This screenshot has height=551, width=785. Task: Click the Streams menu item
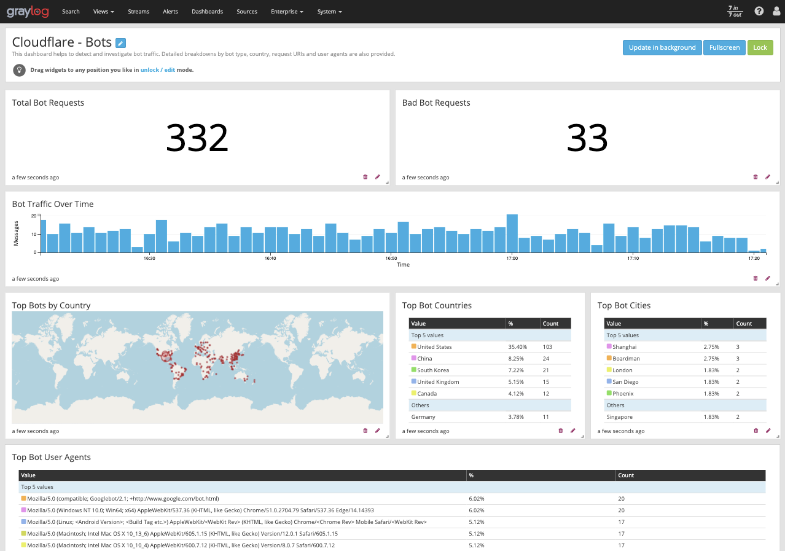pyautogui.click(x=138, y=12)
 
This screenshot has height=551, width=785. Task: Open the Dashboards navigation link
pyautogui.click(x=207, y=12)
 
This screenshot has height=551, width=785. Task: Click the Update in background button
pyautogui.click(x=662, y=48)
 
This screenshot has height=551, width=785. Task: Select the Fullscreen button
pyautogui.click(x=724, y=48)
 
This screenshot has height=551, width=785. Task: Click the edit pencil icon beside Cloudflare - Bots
pyautogui.click(x=120, y=43)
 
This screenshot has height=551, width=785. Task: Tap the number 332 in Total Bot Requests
pyautogui.click(x=197, y=138)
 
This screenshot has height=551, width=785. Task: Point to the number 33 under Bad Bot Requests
pyautogui.click(x=587, y=138)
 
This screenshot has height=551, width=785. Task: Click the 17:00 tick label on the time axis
pyautogui.click(x=512, y=259)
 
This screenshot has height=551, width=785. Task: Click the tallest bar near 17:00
pyautogui.click(x=512, y=233)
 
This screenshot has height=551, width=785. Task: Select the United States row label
pyautogui.click(x=434, y=347)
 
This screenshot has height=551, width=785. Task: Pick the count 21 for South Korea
pyautogui.click(x=546, y=370)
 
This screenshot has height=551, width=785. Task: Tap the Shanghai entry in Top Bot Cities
pyautogui.click(x=624, y=347)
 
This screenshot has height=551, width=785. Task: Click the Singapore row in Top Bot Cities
pyautogui.click(x=620, y=417)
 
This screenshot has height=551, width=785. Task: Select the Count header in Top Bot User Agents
pyautogui.click(x=626, y=475)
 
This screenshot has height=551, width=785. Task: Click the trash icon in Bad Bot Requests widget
pyautogui.click(x=756, y=177)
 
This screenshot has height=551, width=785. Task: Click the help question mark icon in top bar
pyautogui.click(x=759, y=11)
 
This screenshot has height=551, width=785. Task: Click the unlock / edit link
pyautogui.click(x=157, y=70)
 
